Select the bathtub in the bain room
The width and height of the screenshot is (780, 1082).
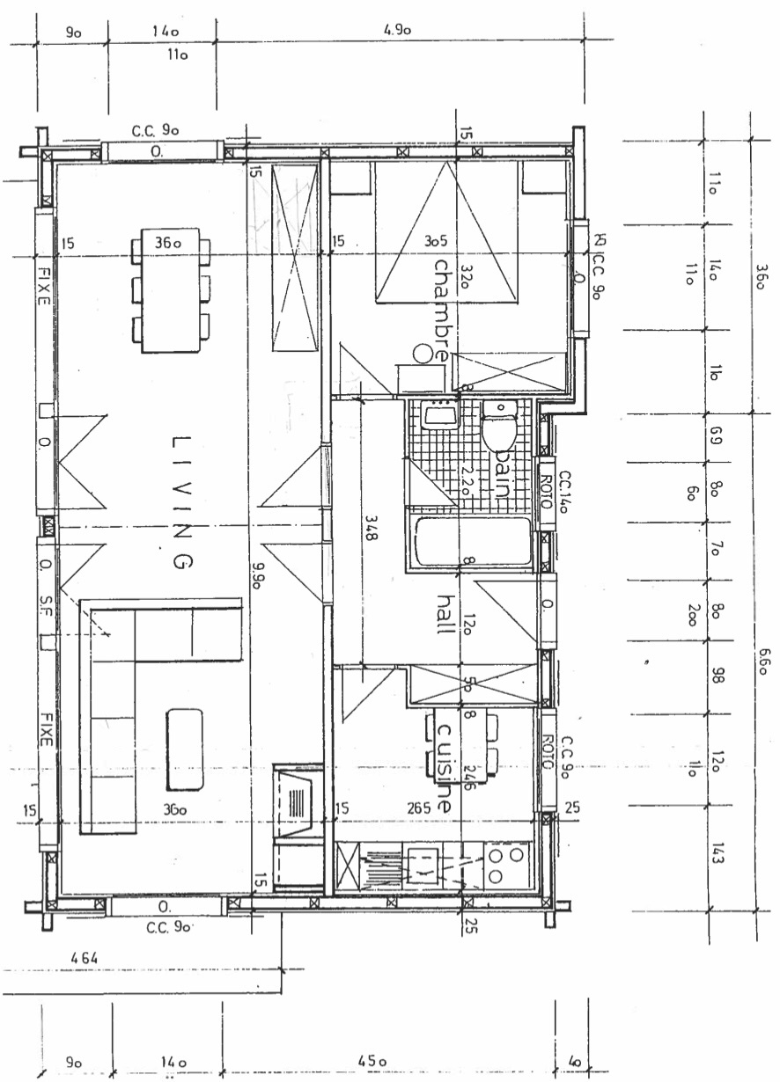coord(474,544)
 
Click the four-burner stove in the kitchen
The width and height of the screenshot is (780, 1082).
coord(507,864)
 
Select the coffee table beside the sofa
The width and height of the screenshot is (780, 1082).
coord(185,749)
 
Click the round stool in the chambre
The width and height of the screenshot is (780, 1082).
coord(423,354)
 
